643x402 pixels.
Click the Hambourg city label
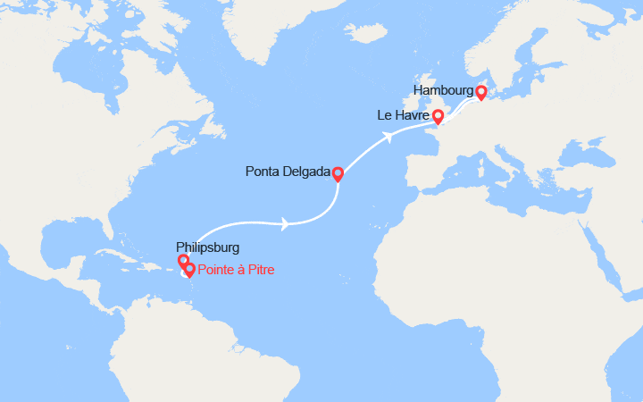point(444,91)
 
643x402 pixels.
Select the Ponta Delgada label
point(288,172)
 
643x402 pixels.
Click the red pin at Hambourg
point(480,91)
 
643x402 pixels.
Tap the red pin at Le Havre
point(438,116)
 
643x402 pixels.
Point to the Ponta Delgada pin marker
point(338,172)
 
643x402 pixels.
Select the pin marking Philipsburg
point(184,261)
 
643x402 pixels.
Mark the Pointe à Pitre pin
point(189,270)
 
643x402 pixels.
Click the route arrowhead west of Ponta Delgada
point(283,224)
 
